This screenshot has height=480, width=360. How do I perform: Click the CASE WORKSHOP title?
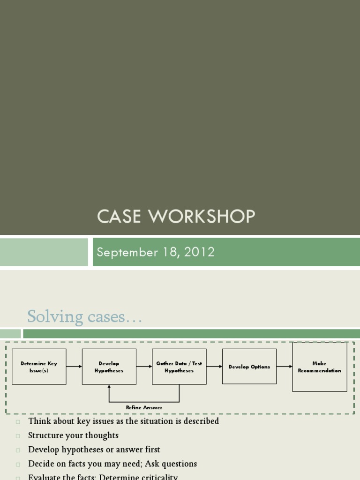176,217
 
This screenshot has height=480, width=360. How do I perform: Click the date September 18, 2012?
156,252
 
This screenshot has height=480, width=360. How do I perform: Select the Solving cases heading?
84,317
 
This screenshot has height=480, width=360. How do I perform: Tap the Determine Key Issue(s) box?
39,367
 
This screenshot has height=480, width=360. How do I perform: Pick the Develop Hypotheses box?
109,367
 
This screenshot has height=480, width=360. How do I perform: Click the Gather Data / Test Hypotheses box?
179,367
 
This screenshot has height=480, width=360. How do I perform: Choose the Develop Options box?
249,367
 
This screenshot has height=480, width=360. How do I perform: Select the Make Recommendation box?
320,367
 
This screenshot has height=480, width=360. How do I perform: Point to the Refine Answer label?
144,407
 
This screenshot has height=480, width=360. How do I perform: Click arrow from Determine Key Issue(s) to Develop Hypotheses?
74,367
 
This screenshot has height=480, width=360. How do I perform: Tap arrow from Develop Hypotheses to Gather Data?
144,367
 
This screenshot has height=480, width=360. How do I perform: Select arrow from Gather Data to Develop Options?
214,367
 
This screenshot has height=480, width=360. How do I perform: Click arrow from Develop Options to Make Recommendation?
285,367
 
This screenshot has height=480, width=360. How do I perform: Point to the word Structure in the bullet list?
45,435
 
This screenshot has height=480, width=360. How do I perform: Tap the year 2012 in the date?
200,252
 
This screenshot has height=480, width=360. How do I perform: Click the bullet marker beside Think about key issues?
18,422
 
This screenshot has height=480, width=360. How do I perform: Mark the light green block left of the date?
44,252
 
